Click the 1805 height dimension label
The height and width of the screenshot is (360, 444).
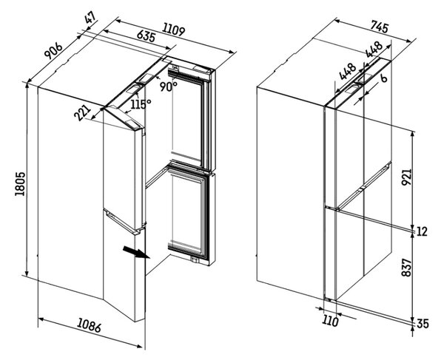pos(21,184)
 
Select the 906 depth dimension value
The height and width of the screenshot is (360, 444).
pos(53,50)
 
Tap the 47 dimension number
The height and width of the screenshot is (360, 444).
pos(90,20)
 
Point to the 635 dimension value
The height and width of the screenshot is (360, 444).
pos(146,36)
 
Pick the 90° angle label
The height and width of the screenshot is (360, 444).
pos(168,86)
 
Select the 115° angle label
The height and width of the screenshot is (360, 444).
pos(141,104)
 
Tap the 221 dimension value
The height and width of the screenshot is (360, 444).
pos(82,113)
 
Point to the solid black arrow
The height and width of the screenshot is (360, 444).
pos(136,252)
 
